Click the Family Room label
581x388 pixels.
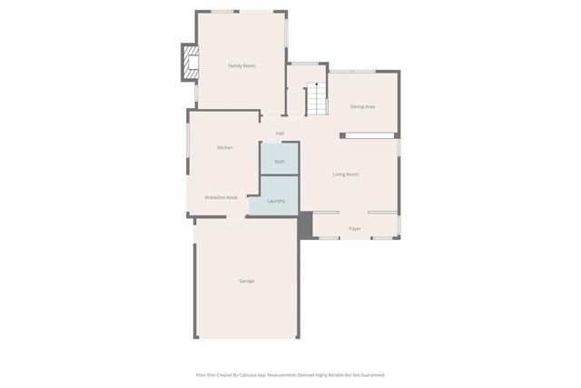(241, 65)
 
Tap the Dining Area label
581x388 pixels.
(362, 106)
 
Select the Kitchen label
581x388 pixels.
(224, 147)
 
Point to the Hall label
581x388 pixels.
(280, 134)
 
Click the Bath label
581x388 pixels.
(280, 161)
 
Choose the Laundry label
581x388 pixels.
(276, 201)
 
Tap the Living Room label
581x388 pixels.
(346, 174)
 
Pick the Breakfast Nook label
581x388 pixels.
(221, 197)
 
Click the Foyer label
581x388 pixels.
(355, 228)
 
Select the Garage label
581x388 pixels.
(246, 281)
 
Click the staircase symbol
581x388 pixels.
(316, 99)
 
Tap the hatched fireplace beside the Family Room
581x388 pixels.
(190, 63)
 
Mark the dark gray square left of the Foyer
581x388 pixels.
(305, 224)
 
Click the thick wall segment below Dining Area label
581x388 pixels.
(368, 135)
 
